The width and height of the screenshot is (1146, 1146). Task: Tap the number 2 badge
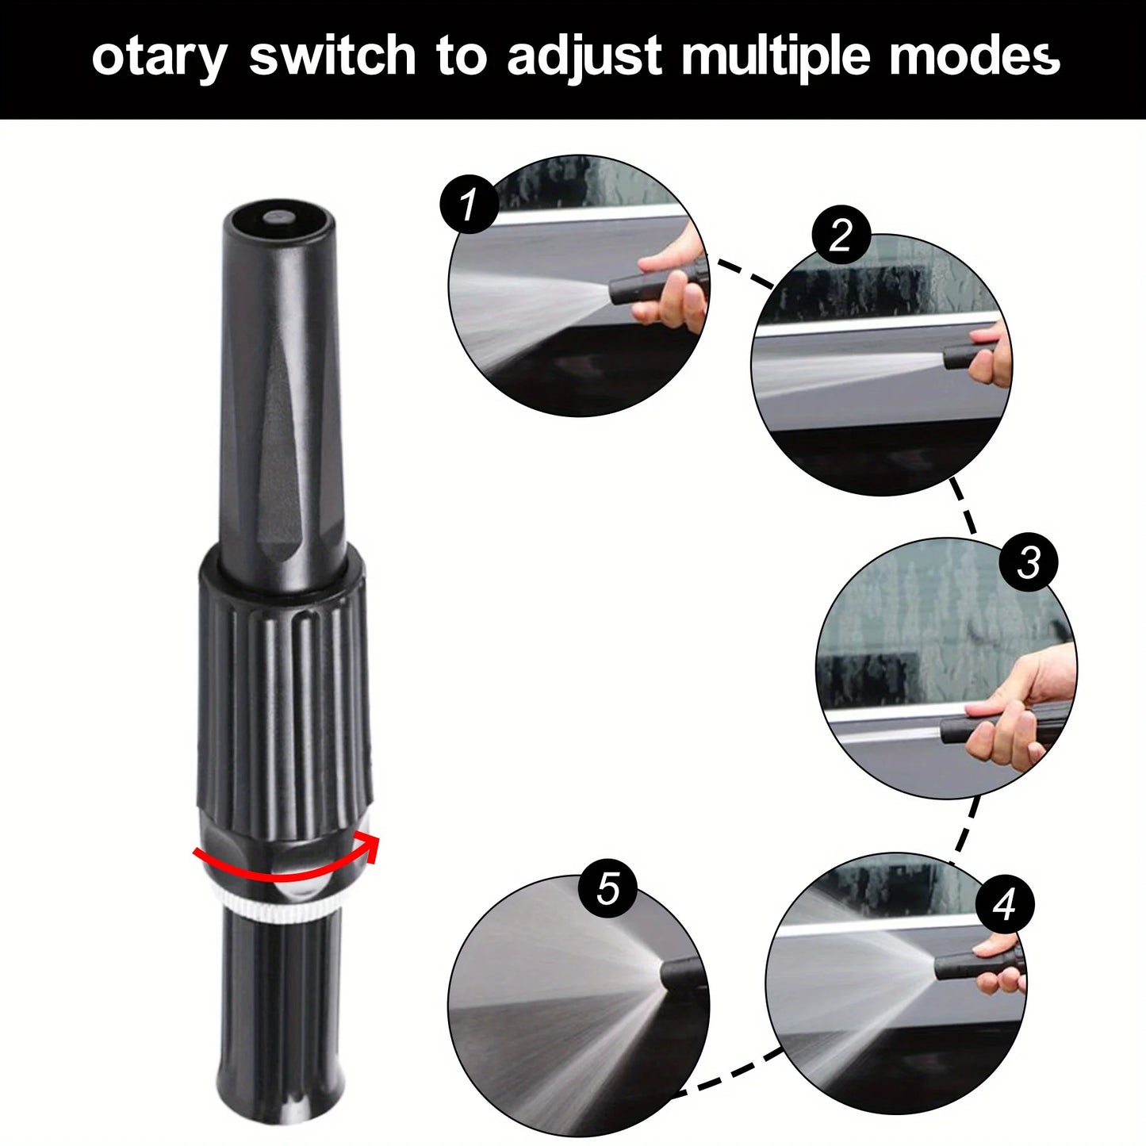point(841,236)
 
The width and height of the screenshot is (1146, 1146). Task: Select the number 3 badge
point(1029,562)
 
